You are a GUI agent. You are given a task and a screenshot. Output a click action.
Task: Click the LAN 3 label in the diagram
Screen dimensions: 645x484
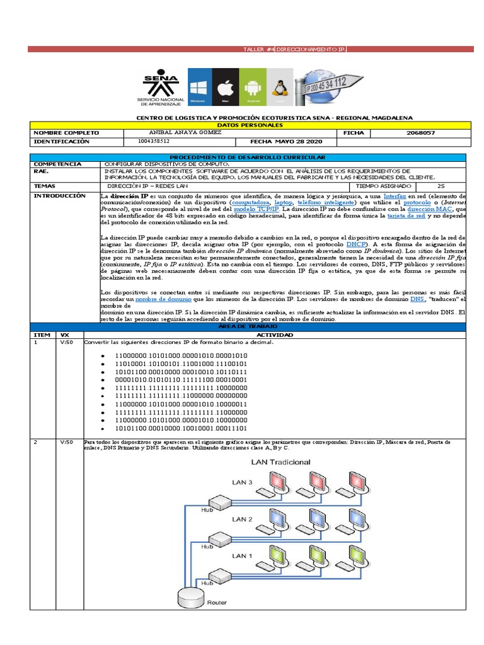tap(243, 483)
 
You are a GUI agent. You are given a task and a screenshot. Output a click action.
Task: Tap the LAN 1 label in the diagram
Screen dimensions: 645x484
tap(243, 556)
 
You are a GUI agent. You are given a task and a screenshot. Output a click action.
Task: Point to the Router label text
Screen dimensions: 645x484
tap(217, 603)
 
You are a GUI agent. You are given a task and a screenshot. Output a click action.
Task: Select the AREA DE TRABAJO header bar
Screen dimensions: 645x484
tap(248, 327)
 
